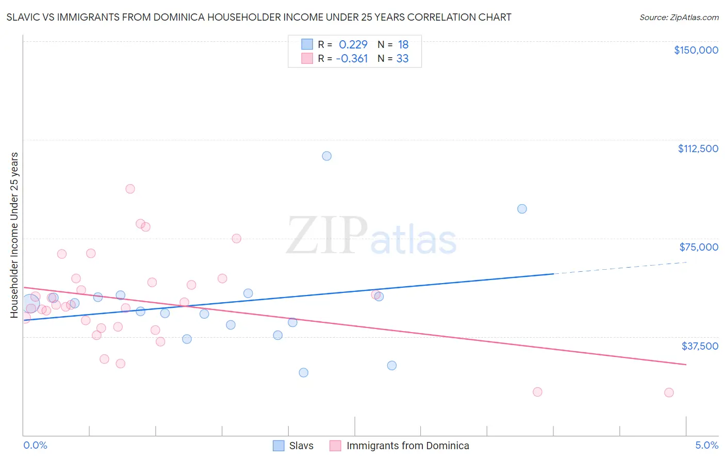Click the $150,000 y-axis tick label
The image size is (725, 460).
pyautogui.click(x=696, y=50)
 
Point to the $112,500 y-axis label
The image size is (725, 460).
pyautogui.click(x=698, y=149)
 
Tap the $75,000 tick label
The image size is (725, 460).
pyautogui.click(x=699, y=247)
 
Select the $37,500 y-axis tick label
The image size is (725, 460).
pyautogui.click(x=700, y=346)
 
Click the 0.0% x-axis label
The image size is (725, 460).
pyautogui.click(x=35, y=446)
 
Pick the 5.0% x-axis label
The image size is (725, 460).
pyautogui.click(x=706, y=446)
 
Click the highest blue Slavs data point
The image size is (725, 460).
pyautogui.click(x=326, y=156)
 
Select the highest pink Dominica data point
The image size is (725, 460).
pyautogui.click(x=130, y=189)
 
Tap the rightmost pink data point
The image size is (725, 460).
pyautogui.click(x=669, y=392)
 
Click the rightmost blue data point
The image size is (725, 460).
pyautogui.click(x=522, y=209)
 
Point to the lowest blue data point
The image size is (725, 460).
pyautogui.click(x=304, y=372)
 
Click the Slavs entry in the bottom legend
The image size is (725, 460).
pyautogui.click(x=301, y=446)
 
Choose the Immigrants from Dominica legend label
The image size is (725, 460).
pyautogui.click(x=407, y=446)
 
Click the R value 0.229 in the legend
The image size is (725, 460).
pyautogui.click(x=353, y=44)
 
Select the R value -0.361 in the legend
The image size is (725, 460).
pyautogui.click(x=352, y=59)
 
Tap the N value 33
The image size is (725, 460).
pyautogui.click(x=402, y=59)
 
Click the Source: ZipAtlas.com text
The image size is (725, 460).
pyautogui.click(x=679, y=17)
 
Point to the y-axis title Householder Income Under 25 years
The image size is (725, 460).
pyautogui.click(x=14, y=235)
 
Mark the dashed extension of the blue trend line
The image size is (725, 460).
pyautogui.click(x=619, y=268)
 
